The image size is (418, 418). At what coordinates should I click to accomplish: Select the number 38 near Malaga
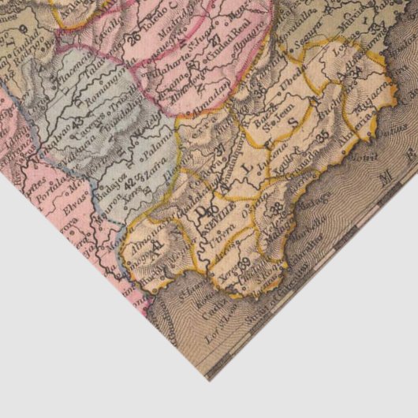pyautogui.click(x=277, y=208)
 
